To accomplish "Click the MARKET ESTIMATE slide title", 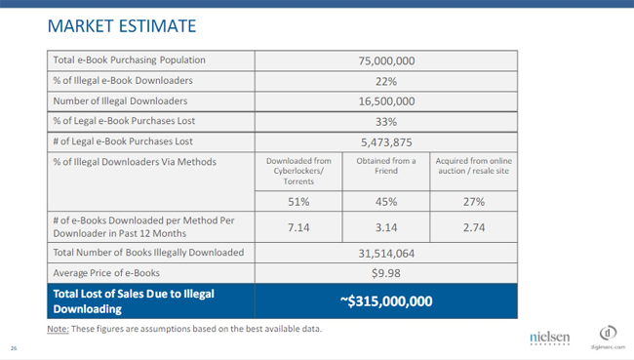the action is point(122,26).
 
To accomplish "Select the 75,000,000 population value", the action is point(386,61).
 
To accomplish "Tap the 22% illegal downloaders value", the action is point(386,81).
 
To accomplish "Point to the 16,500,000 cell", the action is point(386,101).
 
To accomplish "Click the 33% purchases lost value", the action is point(386,122).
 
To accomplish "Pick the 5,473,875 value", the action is point(386,142).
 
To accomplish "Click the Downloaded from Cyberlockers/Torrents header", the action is point(298,171).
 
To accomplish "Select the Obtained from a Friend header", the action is point(386,166).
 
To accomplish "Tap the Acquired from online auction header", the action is point(473,166).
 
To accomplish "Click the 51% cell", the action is point(298,201).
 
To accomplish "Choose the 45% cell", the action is point(386,201).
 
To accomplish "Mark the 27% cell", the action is point(473,201).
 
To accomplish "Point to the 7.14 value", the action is point(298,227).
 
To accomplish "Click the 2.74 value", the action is point(473,227).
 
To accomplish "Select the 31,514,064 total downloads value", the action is point(386,254).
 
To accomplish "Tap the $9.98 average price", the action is point(386,273).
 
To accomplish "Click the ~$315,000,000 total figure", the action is point(386,301).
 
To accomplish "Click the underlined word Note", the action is point(58,329).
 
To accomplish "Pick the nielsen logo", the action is point(550,339).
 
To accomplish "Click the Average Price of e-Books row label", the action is point(106,273).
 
